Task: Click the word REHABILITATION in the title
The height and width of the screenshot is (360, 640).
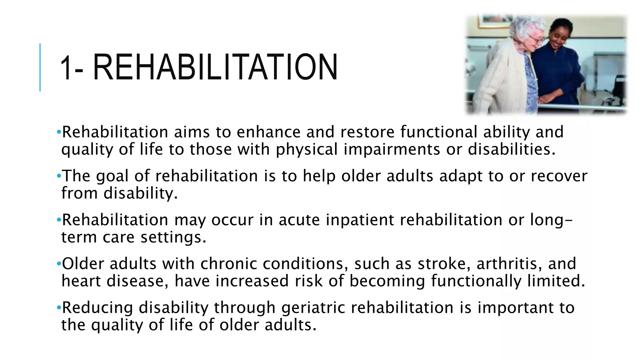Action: [x=215, y=67]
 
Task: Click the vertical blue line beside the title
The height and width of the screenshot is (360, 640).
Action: [x=40, y=67]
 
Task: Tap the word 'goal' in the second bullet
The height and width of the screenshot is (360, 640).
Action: [x=112, y=176]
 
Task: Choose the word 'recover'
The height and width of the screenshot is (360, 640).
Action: [x=559, y=176]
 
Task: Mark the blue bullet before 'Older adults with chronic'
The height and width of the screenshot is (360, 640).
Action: [x=59, y=264]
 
